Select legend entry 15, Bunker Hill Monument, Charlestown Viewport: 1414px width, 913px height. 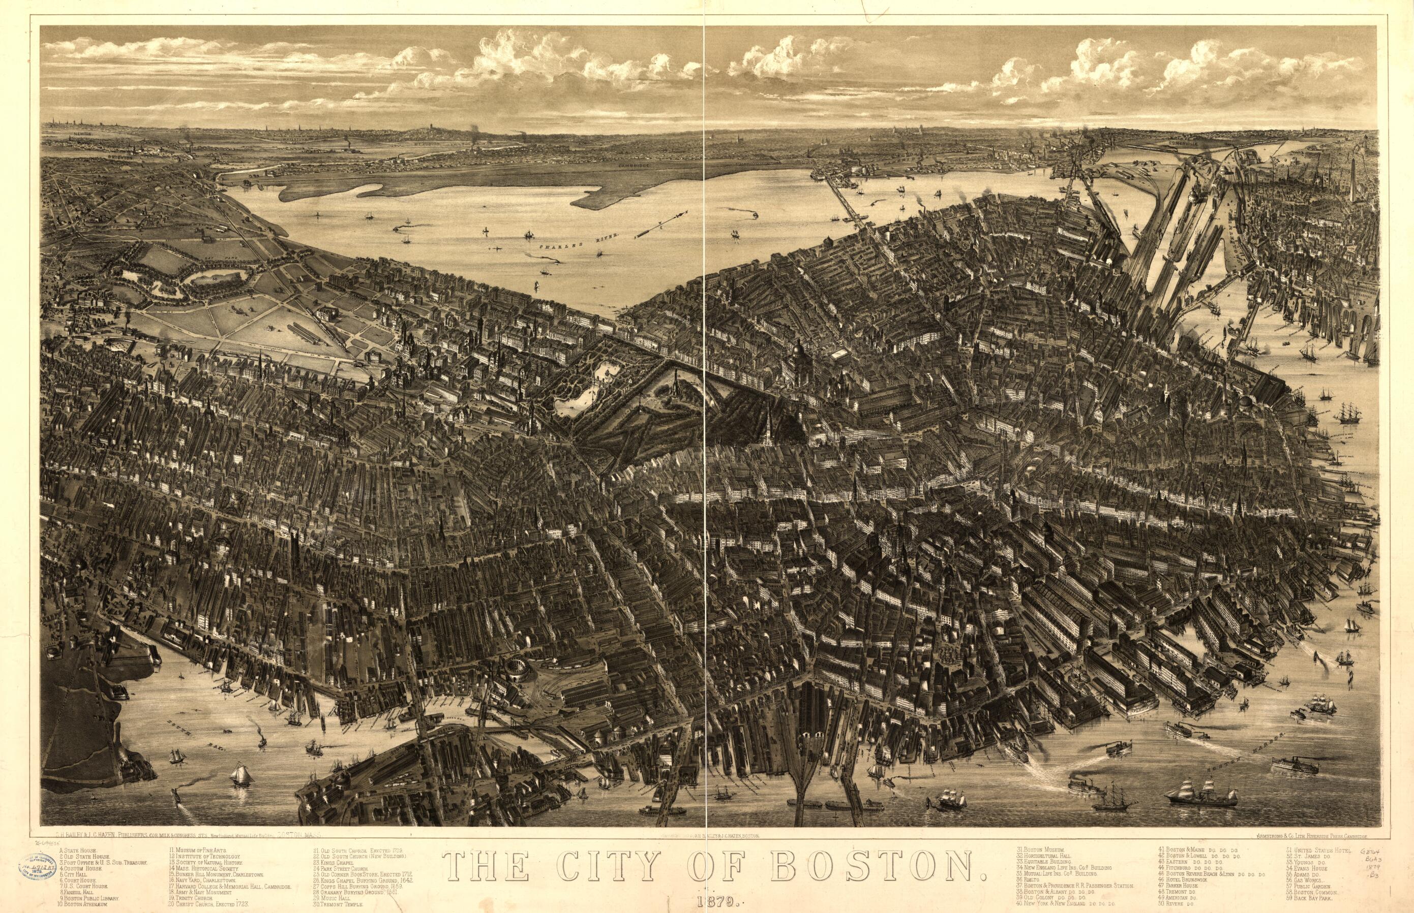coord(218,874)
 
